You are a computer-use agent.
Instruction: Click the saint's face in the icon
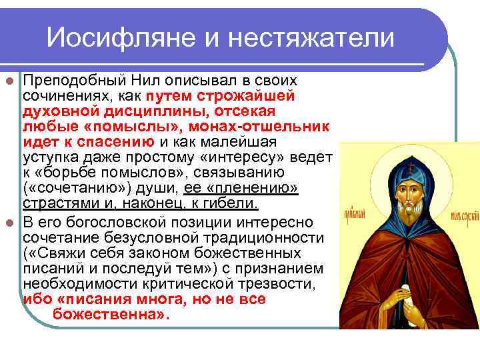pyautogui.click(x=407, y=190)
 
